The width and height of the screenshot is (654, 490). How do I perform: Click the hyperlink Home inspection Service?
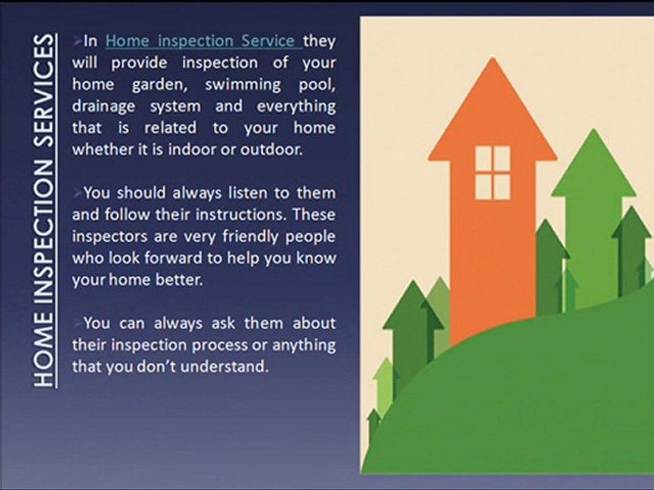204,41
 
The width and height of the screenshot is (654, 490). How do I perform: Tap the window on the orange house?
493,172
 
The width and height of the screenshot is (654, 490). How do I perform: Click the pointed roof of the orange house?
493,109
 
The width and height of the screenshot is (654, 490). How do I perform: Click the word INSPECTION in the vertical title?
44,227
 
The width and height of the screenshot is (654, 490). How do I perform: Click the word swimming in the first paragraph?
243,85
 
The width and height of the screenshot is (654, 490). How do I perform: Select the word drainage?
104,107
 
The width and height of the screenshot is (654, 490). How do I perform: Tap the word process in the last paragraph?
219,346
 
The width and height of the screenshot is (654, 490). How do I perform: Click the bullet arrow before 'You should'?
77,193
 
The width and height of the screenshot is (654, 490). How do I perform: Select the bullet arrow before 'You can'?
77,323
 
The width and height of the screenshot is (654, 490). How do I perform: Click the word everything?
296,107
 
